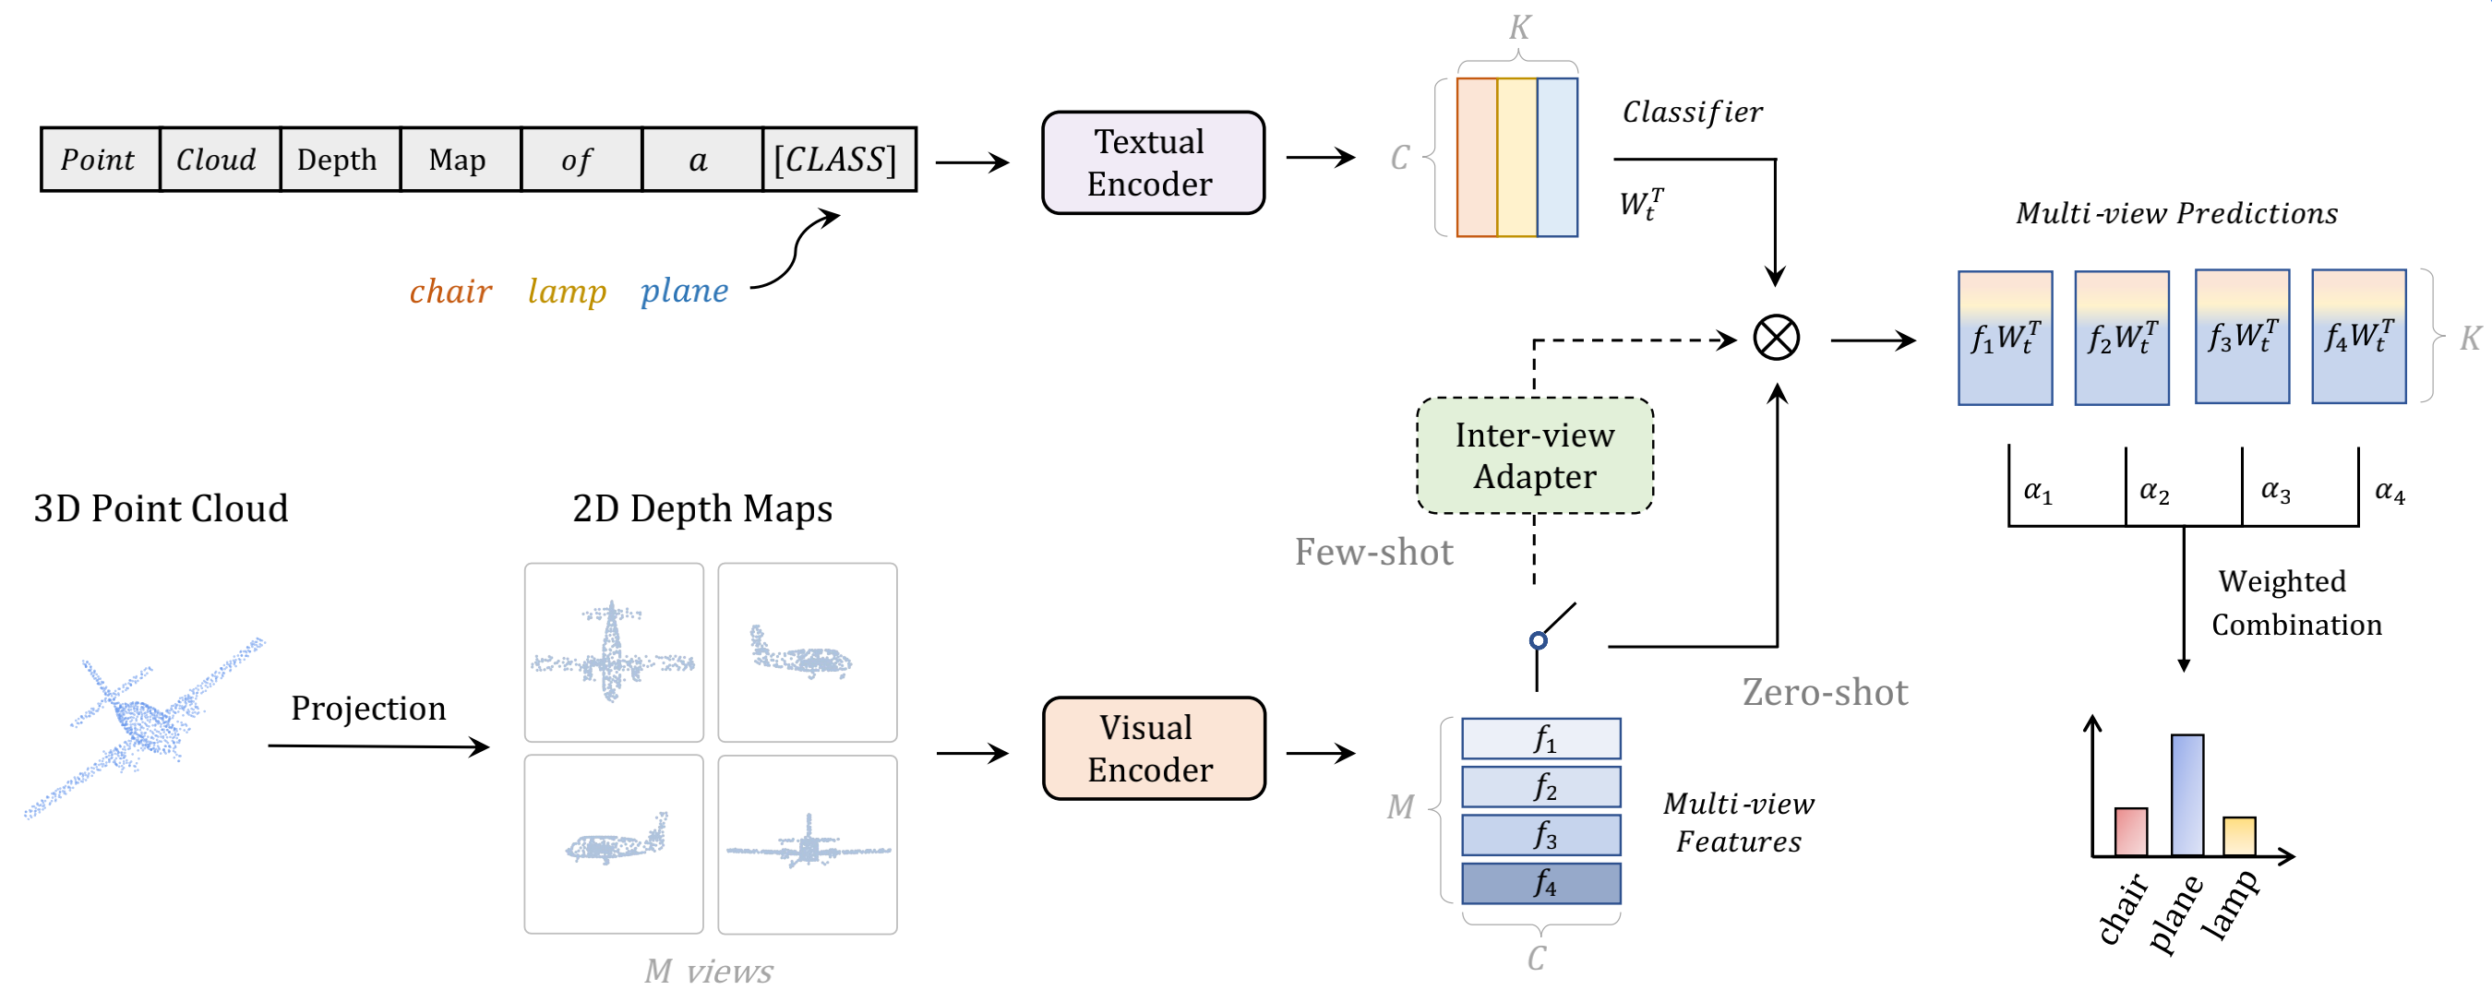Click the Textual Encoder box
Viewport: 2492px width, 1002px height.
(1152, 162)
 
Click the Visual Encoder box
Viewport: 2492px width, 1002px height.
(1153, 748)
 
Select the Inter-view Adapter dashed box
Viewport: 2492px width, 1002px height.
(1534, 456)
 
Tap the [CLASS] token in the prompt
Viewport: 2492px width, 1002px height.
(837, 160)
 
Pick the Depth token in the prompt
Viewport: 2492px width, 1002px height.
(339, 160)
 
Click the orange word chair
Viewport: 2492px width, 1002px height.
(449, 292)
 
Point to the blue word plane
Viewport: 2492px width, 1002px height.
(684, 292)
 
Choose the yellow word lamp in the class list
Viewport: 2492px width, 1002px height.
(567, 292)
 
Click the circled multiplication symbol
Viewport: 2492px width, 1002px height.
(1776, 339)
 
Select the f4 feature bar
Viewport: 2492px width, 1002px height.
(1541, 883)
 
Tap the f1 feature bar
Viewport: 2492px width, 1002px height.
(1541, 739)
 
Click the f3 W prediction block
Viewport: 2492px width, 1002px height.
(2242, 337)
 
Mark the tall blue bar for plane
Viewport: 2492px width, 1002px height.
(2186, 795)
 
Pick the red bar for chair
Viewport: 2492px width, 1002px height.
(2130, 832)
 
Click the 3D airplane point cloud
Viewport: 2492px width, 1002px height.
(145, 725)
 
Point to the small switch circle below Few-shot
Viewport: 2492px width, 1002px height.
(1539, 640)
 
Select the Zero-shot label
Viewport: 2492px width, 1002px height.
(1825, 693)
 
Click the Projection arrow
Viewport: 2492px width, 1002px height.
(377, 746)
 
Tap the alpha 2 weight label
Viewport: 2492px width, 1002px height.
(2154, 493)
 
